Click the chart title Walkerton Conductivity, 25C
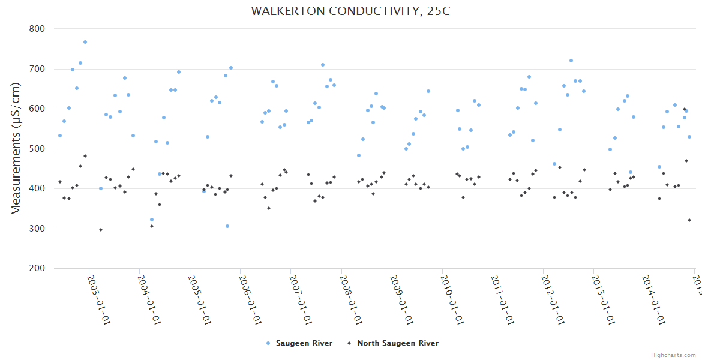350,11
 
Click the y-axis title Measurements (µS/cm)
16,148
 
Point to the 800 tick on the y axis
37,29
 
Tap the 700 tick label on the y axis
37,69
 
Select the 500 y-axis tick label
37,149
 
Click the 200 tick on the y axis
37,269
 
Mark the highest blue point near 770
85,42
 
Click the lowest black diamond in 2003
101,230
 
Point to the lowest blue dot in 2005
227,226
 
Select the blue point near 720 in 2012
571,61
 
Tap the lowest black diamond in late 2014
689,220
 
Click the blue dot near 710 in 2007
323,65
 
